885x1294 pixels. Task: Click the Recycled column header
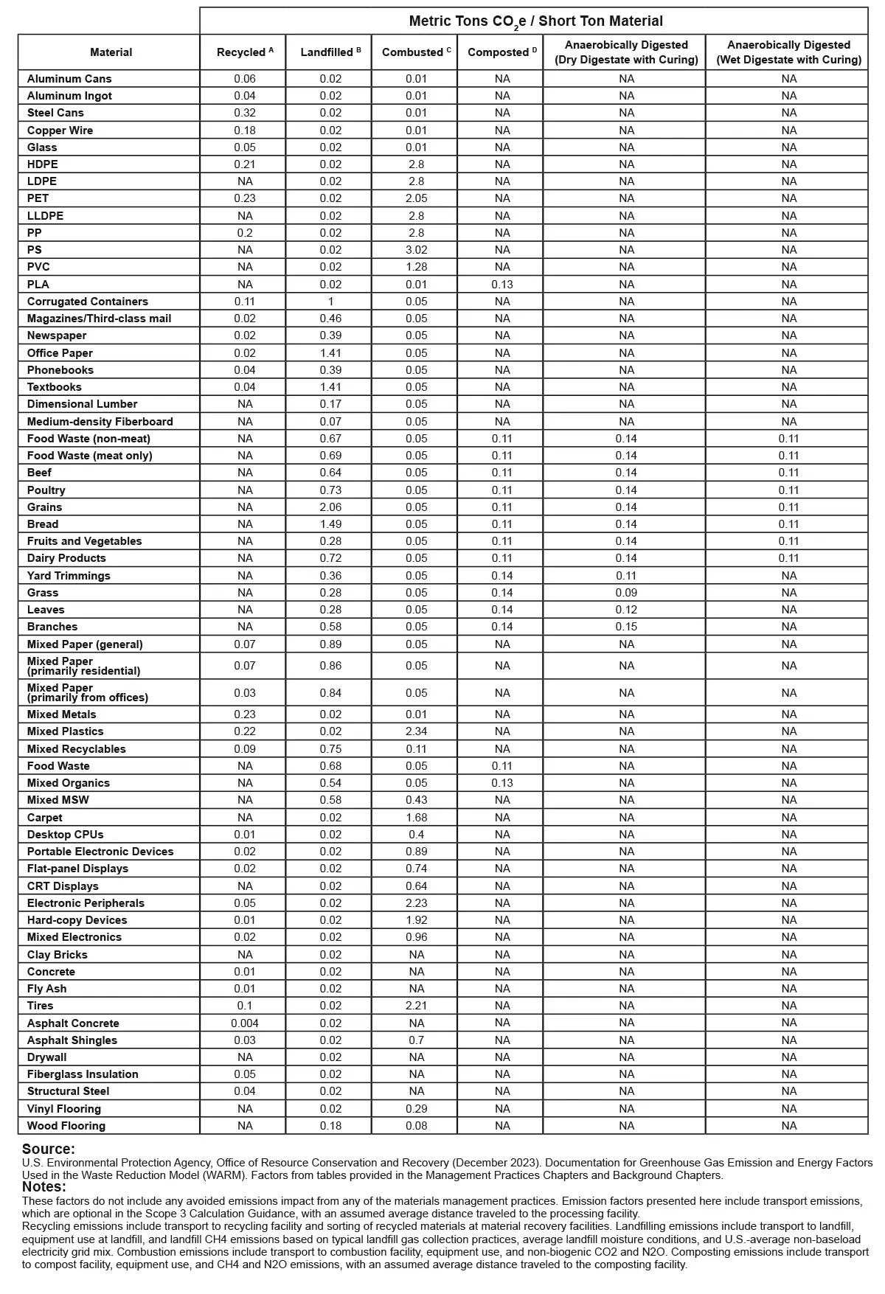(x=244, y=52)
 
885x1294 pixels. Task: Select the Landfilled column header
(x=330, y=52)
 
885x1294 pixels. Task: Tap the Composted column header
(x=502, y=52)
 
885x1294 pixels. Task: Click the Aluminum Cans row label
(x=69, y=79)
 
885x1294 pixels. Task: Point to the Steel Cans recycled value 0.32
(x=245, y=113)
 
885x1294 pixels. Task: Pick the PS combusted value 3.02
(x=416, y=250)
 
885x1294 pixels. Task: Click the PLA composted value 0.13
(x=502, y=285)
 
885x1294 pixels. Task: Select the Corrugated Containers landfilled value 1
(x=330, y=302)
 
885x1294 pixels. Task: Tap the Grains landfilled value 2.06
(x=330, y=507)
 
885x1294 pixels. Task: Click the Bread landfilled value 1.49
(x=330, y=524)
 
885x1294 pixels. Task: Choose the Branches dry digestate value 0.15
(x=626, y=627)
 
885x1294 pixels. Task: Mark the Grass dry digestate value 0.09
(x=626, y=593)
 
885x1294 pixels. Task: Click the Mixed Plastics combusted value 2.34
(x=416, y=731)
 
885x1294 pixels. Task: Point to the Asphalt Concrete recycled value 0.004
(x=245, y=1023)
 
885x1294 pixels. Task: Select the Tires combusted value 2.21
(x=416, y=1006)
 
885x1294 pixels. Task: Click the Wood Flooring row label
(x=66, y=1126)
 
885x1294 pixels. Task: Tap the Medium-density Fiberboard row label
(x=100, y=422)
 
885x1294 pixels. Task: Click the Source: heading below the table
(x=49, y=1149)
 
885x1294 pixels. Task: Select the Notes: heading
(x=44, y=1187)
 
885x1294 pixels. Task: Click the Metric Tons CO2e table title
(x=535, y=21)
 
